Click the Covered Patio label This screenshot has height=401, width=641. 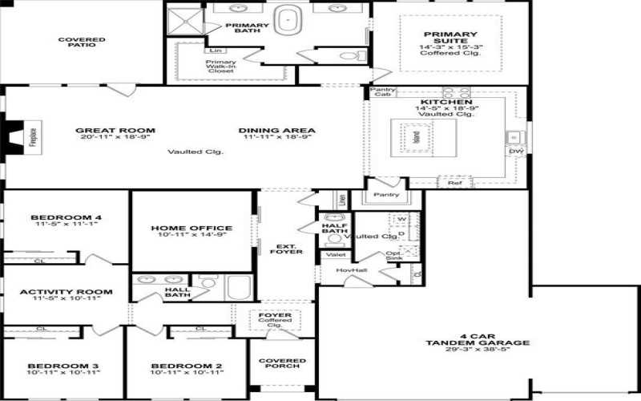(x=83, y=42)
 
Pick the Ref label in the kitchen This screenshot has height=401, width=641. (x=454, y=183)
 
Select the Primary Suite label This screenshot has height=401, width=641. (x=450, y=38)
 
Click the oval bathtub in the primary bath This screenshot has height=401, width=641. (x=287, y=20)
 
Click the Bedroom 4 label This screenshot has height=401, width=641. (x=66, y=217)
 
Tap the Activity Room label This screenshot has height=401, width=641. (x=66, y=292)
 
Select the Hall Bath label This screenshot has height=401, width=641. (x=177, y=294)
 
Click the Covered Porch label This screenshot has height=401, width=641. (x=282, y=363)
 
